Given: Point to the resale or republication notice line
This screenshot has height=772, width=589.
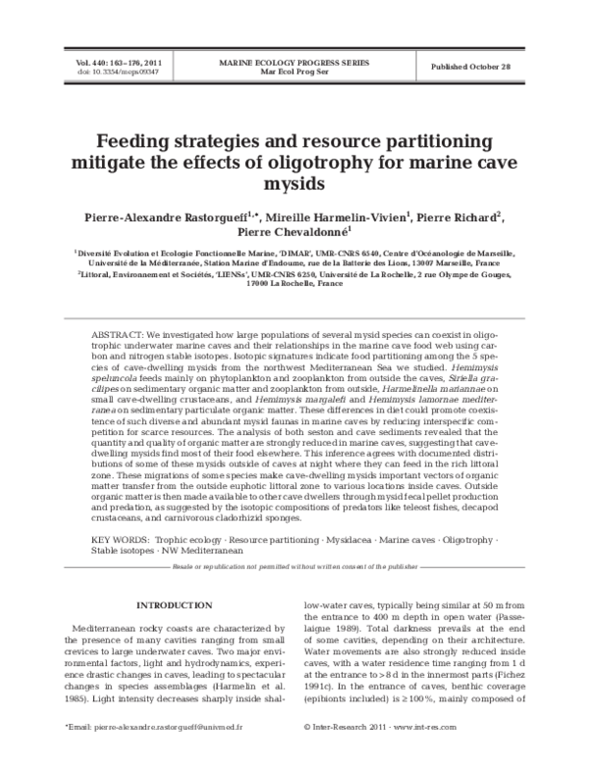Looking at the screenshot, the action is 294,568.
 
